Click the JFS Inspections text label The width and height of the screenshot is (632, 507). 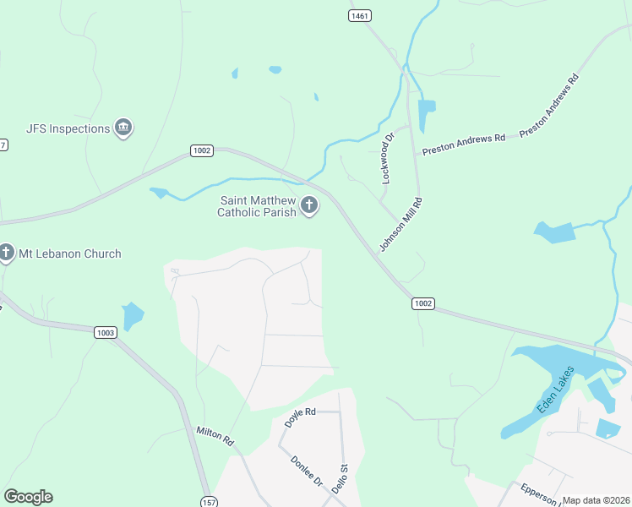tap(68, 128)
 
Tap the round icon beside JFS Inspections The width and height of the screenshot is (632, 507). tap(124, 128)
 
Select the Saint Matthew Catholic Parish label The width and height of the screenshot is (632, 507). tap(258, 206)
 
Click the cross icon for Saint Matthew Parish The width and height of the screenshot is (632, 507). tap(309, 204)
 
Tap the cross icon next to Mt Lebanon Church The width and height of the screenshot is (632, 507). tap(7, 252)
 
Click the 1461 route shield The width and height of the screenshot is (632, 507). tap(360, 16)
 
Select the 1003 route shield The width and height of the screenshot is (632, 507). tap(105, 333)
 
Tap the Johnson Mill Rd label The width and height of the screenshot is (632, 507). tap(400, 224)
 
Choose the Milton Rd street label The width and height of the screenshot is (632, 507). tap(215, 435)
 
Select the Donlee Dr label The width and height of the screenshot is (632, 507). tap(306, 471)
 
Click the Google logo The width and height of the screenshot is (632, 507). tap(28, 497)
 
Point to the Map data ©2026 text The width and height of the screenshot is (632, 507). tap(596, 500)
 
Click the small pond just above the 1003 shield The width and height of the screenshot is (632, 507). tap(133, 316)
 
